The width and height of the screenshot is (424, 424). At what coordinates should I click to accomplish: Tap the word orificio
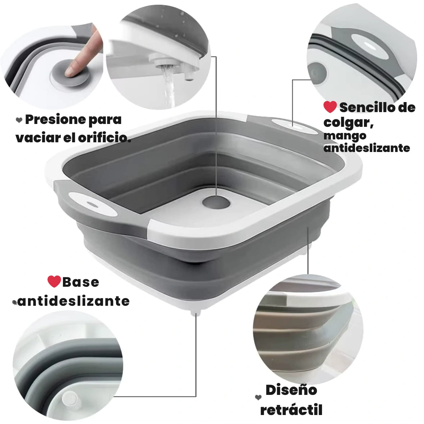(105, 138)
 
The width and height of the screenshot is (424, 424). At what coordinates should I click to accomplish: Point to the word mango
(345, 136)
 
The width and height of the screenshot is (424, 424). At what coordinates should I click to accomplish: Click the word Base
(80, 282)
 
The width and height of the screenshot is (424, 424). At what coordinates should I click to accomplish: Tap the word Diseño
(291, 390)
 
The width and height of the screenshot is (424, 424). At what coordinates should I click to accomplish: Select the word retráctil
(291, 410)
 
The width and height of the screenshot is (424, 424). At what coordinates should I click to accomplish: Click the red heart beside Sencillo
(330, 107)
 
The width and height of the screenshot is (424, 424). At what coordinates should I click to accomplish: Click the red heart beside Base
(54, 281)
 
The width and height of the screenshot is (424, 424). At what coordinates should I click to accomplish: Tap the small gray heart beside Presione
(19, 120)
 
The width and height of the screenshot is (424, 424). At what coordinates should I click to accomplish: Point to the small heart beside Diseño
(258, 397)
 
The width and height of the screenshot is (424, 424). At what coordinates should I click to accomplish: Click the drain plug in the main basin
(216, 202)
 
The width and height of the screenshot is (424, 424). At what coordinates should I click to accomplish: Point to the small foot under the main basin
(195, 313)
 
